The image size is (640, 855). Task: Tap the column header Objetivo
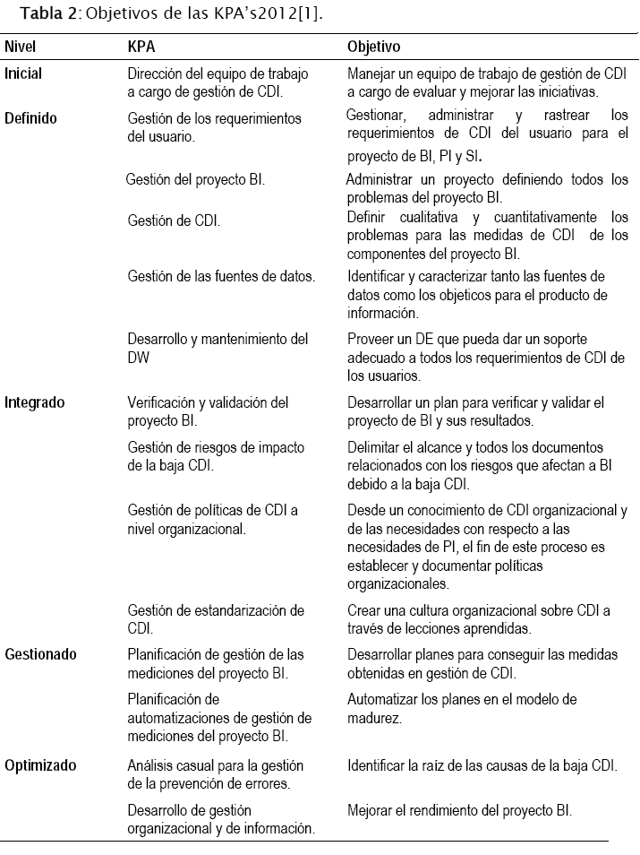point(373,46)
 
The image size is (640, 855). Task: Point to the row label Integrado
point(34,402)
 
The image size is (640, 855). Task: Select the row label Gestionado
point(40,654)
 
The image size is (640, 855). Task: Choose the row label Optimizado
point(40,765)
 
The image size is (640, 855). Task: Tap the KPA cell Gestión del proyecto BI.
point(195,180)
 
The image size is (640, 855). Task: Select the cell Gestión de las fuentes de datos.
point(221,276)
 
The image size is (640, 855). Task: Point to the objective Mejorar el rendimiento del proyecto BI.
point(459,810)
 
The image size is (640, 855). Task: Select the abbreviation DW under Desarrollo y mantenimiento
point(139,357)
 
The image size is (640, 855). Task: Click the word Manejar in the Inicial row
point(371,74)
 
